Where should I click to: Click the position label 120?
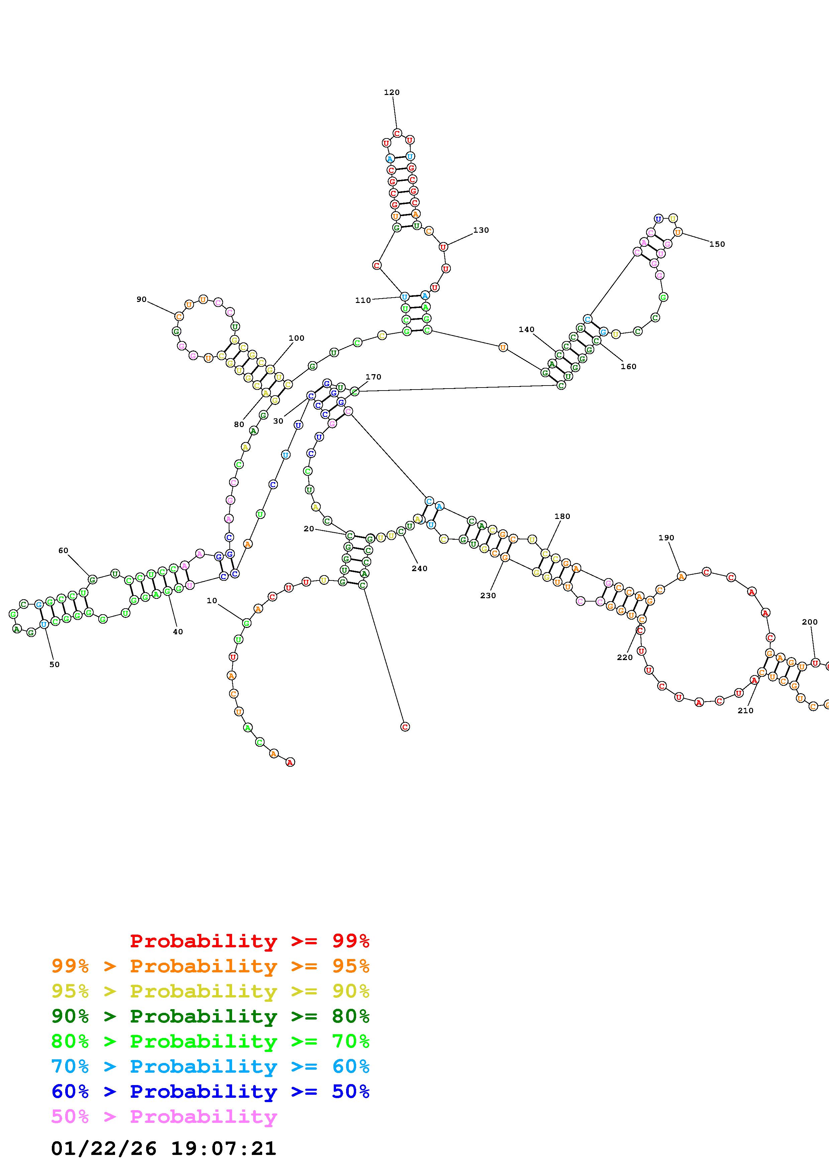[x=392, y=93]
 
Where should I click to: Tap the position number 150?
[x=717, y=244]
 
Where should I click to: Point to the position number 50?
[x=54, y=665]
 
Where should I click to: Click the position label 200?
[x=810, y=622]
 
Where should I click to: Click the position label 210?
[x=745, y=711]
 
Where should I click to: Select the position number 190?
[x=666, y=538]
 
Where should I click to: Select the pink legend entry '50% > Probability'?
[x=164, y=1117]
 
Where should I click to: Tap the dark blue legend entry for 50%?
[x=210, y=1092]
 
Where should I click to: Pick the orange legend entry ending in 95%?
[x=210, y=966]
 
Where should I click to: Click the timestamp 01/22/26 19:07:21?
[x=164, y=1149]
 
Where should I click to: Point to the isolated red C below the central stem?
[x=405, y=727]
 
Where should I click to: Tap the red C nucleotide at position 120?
[x=397, y=133]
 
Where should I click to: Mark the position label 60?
[x=63, y=551]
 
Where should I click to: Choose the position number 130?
[x=481, y=230]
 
